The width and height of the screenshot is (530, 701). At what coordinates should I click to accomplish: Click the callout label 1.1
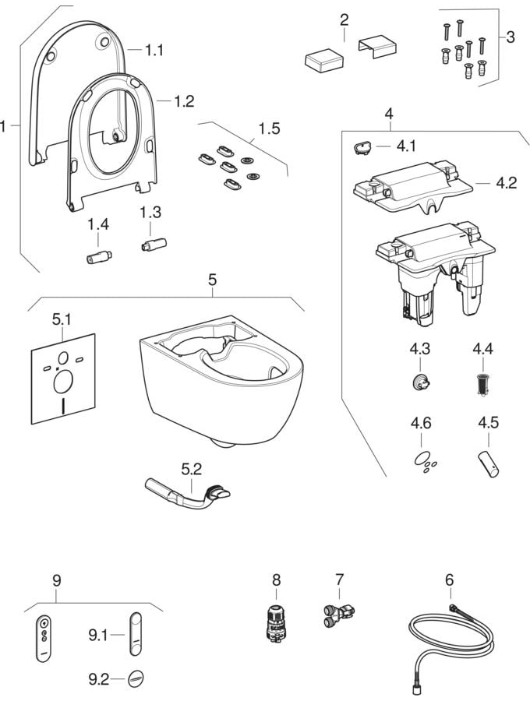click(155, 49)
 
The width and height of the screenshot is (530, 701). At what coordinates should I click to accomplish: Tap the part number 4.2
click(507, 184)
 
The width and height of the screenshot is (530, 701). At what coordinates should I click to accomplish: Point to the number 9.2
click(98, 679)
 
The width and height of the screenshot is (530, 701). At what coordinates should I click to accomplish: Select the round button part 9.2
click(136, 678)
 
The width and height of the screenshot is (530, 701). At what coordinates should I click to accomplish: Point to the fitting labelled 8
click(274, 624)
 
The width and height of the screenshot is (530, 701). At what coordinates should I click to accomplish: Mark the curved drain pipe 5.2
click(187, 494)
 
